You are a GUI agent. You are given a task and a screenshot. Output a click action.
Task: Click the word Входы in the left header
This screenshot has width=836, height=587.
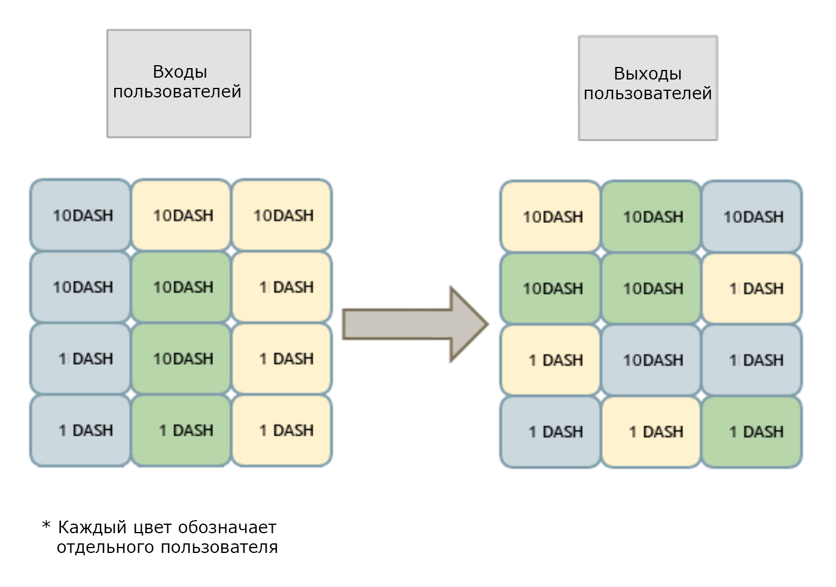click(180, 72)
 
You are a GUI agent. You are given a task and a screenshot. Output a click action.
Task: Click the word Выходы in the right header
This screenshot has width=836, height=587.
click(648, 74)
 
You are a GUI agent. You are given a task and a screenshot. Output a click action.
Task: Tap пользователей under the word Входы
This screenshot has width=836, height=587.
click(177, 91)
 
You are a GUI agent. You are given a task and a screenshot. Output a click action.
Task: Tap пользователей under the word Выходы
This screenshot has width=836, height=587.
click(648, 93)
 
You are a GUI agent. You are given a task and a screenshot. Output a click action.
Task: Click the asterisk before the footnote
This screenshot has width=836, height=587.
click(46, 525)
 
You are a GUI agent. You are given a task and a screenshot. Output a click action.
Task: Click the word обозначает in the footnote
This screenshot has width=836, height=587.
click(227, 528)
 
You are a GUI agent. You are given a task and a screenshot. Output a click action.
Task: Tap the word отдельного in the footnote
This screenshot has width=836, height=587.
click(106, 548)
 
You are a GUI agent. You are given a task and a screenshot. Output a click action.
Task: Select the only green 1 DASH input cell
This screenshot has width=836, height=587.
click(181, 430)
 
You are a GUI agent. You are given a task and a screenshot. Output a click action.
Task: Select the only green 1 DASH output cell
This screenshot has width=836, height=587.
click(752, 432)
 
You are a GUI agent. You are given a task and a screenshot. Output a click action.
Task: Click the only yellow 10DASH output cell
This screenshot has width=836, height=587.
click(550, 216)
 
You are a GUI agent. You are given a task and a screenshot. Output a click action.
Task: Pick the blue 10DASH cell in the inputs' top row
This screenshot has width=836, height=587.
click(80, 215)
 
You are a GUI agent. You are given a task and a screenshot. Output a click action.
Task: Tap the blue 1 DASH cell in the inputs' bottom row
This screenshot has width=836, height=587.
click(80, 430)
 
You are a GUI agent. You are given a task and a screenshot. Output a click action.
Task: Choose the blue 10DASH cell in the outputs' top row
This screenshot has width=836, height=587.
click(752, 216)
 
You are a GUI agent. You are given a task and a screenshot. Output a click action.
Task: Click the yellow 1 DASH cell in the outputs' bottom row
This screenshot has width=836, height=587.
click(651, 432)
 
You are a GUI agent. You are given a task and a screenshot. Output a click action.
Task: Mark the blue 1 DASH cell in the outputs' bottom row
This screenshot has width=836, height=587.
click(550, 432)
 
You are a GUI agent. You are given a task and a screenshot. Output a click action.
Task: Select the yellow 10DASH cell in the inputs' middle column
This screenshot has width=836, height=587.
click(181, 215)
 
